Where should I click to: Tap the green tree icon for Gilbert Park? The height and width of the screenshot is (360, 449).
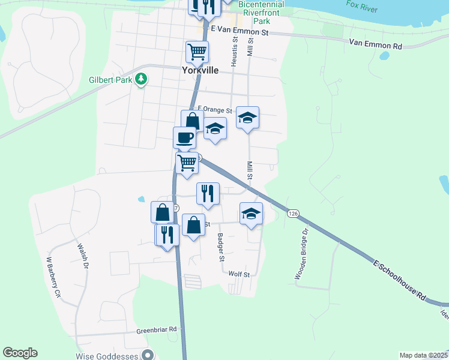pos(141,79)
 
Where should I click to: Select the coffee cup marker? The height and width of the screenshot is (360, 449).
pos(184,137)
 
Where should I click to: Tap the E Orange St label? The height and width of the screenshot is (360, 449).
pos(214,110)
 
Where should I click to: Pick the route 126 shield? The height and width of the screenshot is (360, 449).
pos(292,214)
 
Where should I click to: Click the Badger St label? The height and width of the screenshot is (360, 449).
pos(220,247)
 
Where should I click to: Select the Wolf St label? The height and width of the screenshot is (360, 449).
pos(239,274)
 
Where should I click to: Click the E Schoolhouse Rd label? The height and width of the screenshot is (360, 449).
pos(399,280)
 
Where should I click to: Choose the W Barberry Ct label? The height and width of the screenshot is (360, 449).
pos(54,278)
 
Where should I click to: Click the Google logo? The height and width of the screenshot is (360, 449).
pos(20,353)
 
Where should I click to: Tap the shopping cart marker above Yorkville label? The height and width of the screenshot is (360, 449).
pos(196,52)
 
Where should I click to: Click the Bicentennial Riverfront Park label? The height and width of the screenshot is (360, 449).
pos(261,12)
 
